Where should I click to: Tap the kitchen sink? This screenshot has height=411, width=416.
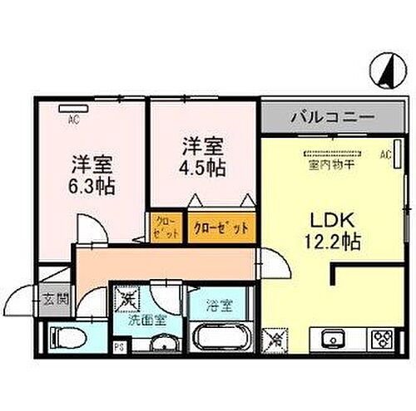[x=329, y=339]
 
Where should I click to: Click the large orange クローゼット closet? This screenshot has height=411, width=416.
[x=220, y=227]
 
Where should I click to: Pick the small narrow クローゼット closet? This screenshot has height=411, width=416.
[x=160, y=228]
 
